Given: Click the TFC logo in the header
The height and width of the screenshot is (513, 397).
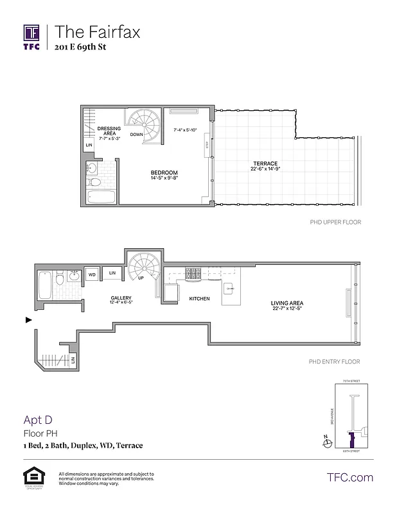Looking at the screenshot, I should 32,36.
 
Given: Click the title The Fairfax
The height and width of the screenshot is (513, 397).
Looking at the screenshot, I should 97,31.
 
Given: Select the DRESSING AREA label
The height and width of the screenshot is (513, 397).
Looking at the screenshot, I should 109,131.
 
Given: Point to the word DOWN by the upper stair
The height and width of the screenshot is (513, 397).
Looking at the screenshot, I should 136,135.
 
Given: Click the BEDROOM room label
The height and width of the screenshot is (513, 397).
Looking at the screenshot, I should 164,173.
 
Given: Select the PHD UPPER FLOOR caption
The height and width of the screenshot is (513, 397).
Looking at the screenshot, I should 335,223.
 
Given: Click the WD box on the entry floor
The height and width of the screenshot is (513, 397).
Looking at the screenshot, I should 92,274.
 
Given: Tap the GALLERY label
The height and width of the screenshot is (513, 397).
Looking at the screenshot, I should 121,298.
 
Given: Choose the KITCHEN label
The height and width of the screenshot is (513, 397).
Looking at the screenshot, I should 199,299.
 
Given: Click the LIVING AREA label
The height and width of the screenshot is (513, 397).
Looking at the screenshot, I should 287,303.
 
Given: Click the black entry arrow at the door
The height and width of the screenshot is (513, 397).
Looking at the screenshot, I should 28,319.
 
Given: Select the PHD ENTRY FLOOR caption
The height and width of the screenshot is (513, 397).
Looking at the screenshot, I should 335,362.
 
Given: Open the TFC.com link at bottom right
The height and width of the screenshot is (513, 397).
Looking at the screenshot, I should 349,477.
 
